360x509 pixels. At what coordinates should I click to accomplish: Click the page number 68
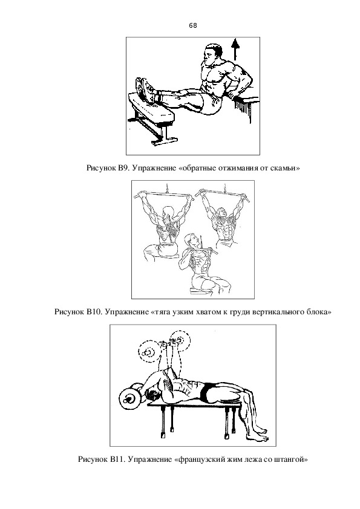192,25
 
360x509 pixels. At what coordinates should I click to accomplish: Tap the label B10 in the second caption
94,313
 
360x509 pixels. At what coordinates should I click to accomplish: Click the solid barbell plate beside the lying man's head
129,398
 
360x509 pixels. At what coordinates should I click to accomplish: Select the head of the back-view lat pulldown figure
168,212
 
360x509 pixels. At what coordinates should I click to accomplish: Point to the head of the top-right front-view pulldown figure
222,213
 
